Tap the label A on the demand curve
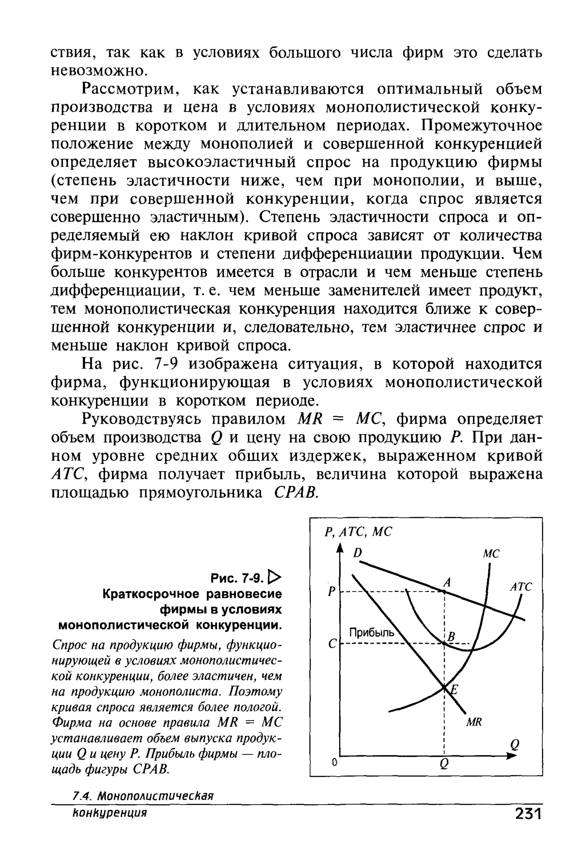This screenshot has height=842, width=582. click(447, 583)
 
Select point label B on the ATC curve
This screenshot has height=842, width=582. click(452, 637)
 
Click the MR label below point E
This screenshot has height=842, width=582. click(474, 722)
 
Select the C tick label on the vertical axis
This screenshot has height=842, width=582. click(331, 645)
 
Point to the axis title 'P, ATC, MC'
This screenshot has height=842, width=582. click(358, 532)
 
